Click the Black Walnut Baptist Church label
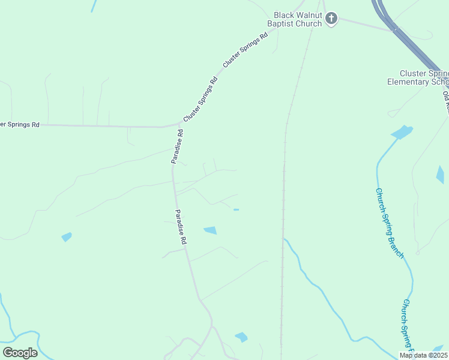pos(297,20)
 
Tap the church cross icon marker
pos(331,19)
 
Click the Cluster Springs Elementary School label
pos(418,77)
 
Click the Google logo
pos(20,353)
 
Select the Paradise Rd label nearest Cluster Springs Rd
pos(176,146)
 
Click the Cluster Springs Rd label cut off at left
pos(20,124)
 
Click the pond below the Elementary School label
pos(402,131)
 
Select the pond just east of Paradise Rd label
pos(210,230)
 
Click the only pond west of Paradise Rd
pos(67,236)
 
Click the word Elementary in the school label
pos(408,82)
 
